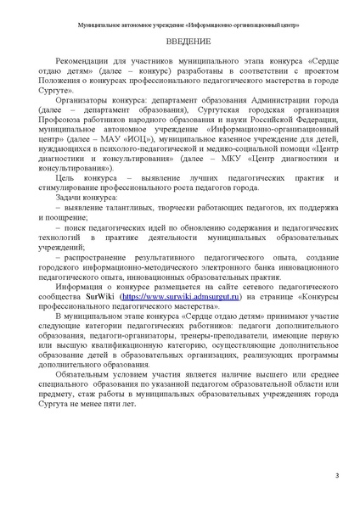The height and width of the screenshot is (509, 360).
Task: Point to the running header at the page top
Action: [179, 25]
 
